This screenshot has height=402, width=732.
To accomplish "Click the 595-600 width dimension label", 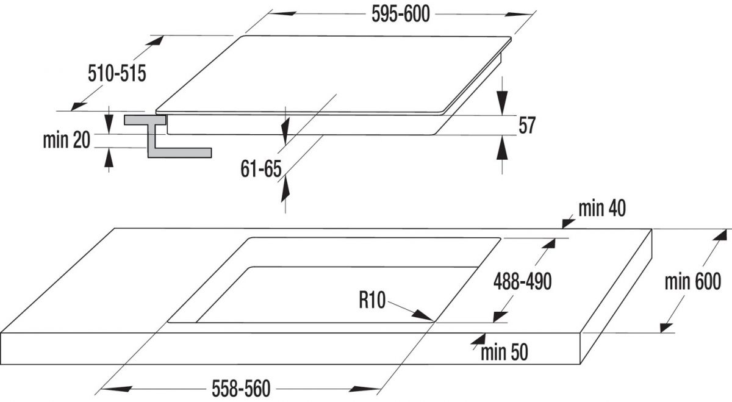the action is [401, 15].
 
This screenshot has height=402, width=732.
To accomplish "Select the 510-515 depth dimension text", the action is [117, 74].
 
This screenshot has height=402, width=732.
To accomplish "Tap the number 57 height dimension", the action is [527, 125].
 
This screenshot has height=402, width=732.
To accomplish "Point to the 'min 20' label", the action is [66, 140].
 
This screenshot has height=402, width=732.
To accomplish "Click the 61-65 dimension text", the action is [261, 168].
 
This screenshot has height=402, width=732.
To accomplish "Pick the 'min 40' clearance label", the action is [602, 209].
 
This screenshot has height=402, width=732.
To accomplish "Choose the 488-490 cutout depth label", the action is [523, 282].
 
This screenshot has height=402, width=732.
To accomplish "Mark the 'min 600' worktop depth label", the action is [693, 282].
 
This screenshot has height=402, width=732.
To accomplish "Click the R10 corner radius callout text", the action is [372, 300].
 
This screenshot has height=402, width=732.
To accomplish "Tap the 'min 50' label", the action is [504, 353].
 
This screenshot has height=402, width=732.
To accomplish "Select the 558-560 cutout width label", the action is [241, 389].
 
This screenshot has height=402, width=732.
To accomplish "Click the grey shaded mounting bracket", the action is [167, 137].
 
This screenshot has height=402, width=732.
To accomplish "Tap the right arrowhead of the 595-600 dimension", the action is [518, 15].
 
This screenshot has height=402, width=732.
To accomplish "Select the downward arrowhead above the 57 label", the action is [502, 102].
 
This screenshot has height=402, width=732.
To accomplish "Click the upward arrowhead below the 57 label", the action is [502, 148].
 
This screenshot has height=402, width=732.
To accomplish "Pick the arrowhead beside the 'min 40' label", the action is [569, 223].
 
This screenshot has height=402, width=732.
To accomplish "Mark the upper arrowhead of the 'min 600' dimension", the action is [720, 235].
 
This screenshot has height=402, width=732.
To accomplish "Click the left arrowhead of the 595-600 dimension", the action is [283, 14].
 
